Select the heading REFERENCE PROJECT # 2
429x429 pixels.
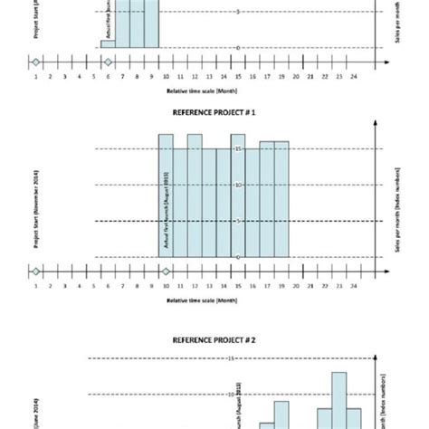tap(215, 341)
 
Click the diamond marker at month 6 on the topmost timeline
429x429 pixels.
tap(108, 62)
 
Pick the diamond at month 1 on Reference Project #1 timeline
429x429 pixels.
tap(34, 272)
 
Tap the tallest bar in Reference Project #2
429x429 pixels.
tap(339, 398)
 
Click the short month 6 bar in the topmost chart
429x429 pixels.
tap(108, 43)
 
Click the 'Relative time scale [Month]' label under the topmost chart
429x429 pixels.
tap(202, 91)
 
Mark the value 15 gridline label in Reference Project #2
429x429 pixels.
tap(231, 358)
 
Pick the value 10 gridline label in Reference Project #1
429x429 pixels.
tap(238, 185)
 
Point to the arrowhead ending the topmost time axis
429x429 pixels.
tap(386, 62)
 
